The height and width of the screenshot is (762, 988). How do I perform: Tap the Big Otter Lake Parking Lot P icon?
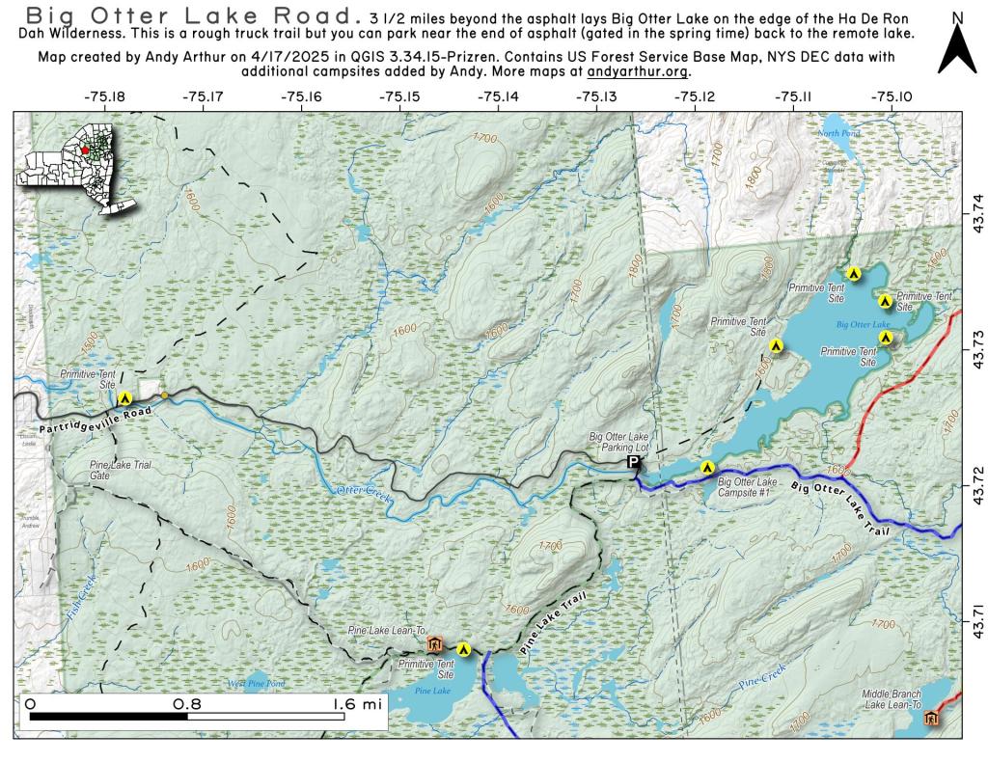[x=634, y=464]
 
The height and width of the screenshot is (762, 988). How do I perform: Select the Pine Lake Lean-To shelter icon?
[x=434, y=644]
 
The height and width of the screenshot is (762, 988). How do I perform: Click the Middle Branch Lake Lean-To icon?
[x=931, y=718]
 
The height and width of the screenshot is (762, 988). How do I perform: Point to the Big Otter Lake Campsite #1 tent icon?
[x=707, y=469]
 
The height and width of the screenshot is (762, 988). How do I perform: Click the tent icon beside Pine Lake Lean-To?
[x=464, y=649]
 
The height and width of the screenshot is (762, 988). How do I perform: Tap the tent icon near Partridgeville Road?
[x=124, y=397]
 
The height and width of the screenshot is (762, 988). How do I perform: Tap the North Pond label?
[x=836, y=133]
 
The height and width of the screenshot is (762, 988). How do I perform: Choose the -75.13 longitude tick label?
[x=595, y=96]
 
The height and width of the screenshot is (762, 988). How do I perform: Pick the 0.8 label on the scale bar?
[x=187, y=704]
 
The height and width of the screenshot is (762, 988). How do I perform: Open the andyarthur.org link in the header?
[x=638, y=71]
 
